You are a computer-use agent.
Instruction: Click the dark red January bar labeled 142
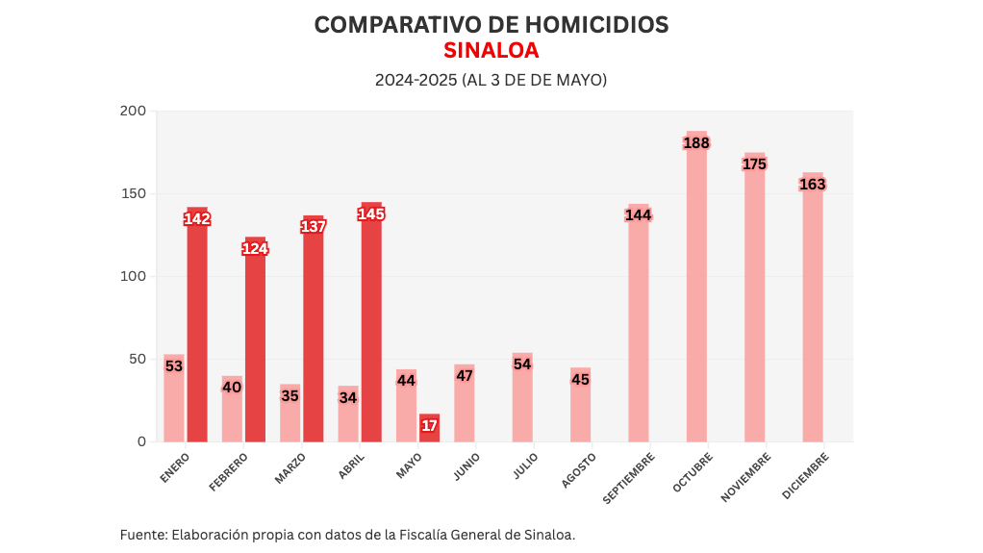pos(197,327)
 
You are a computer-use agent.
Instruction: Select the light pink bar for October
pos(696,289)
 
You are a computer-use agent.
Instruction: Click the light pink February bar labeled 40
pos(232,409)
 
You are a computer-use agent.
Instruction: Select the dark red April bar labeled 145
pos(371,327)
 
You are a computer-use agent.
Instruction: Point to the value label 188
pos(696,143)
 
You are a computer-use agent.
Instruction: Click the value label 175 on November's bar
pos(754,164)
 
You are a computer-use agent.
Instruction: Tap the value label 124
pos(255,249)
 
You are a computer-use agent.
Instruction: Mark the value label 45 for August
pos(580,380)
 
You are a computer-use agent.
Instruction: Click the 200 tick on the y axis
pos(134,111)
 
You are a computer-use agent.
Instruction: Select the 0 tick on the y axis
pos(141,441)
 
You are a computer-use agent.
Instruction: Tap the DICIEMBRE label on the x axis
pos(805,476)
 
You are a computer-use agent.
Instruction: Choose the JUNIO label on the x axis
pos(467,466)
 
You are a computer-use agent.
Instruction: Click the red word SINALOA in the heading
pos(491,50)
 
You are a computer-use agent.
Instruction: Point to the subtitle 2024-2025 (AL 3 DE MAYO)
pos(491,80)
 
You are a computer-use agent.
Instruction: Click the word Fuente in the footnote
pos(141,534)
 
